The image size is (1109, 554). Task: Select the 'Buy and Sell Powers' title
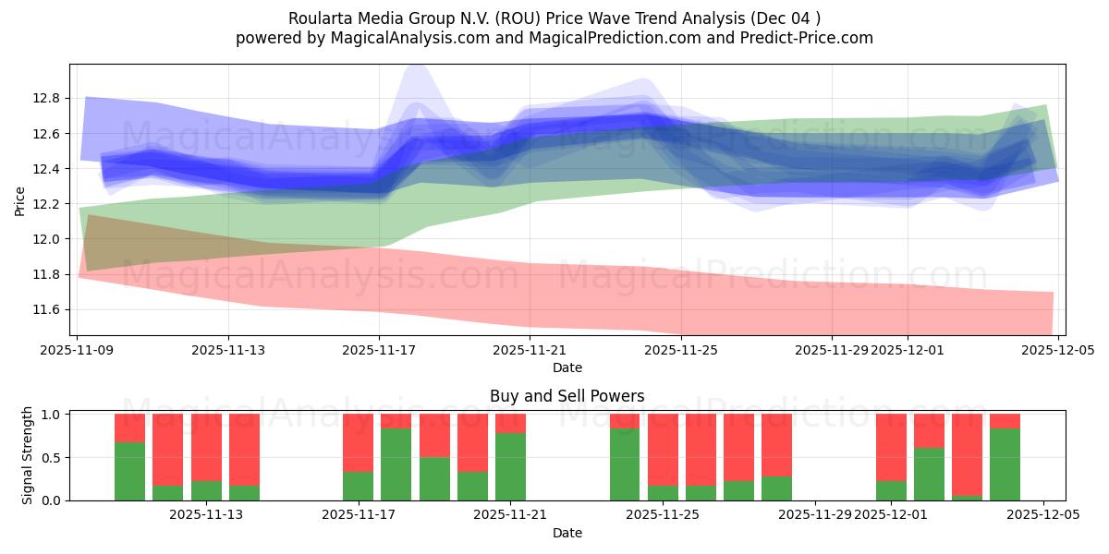pos(567,396)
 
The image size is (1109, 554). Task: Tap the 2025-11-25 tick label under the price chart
pos(680,350)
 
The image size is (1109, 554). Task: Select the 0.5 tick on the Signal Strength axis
pos(51,457)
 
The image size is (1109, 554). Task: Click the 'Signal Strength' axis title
pos(28,455)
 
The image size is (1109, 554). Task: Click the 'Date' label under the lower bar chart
pos(567,533)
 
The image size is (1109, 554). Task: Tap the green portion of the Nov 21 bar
pos(510,466)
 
